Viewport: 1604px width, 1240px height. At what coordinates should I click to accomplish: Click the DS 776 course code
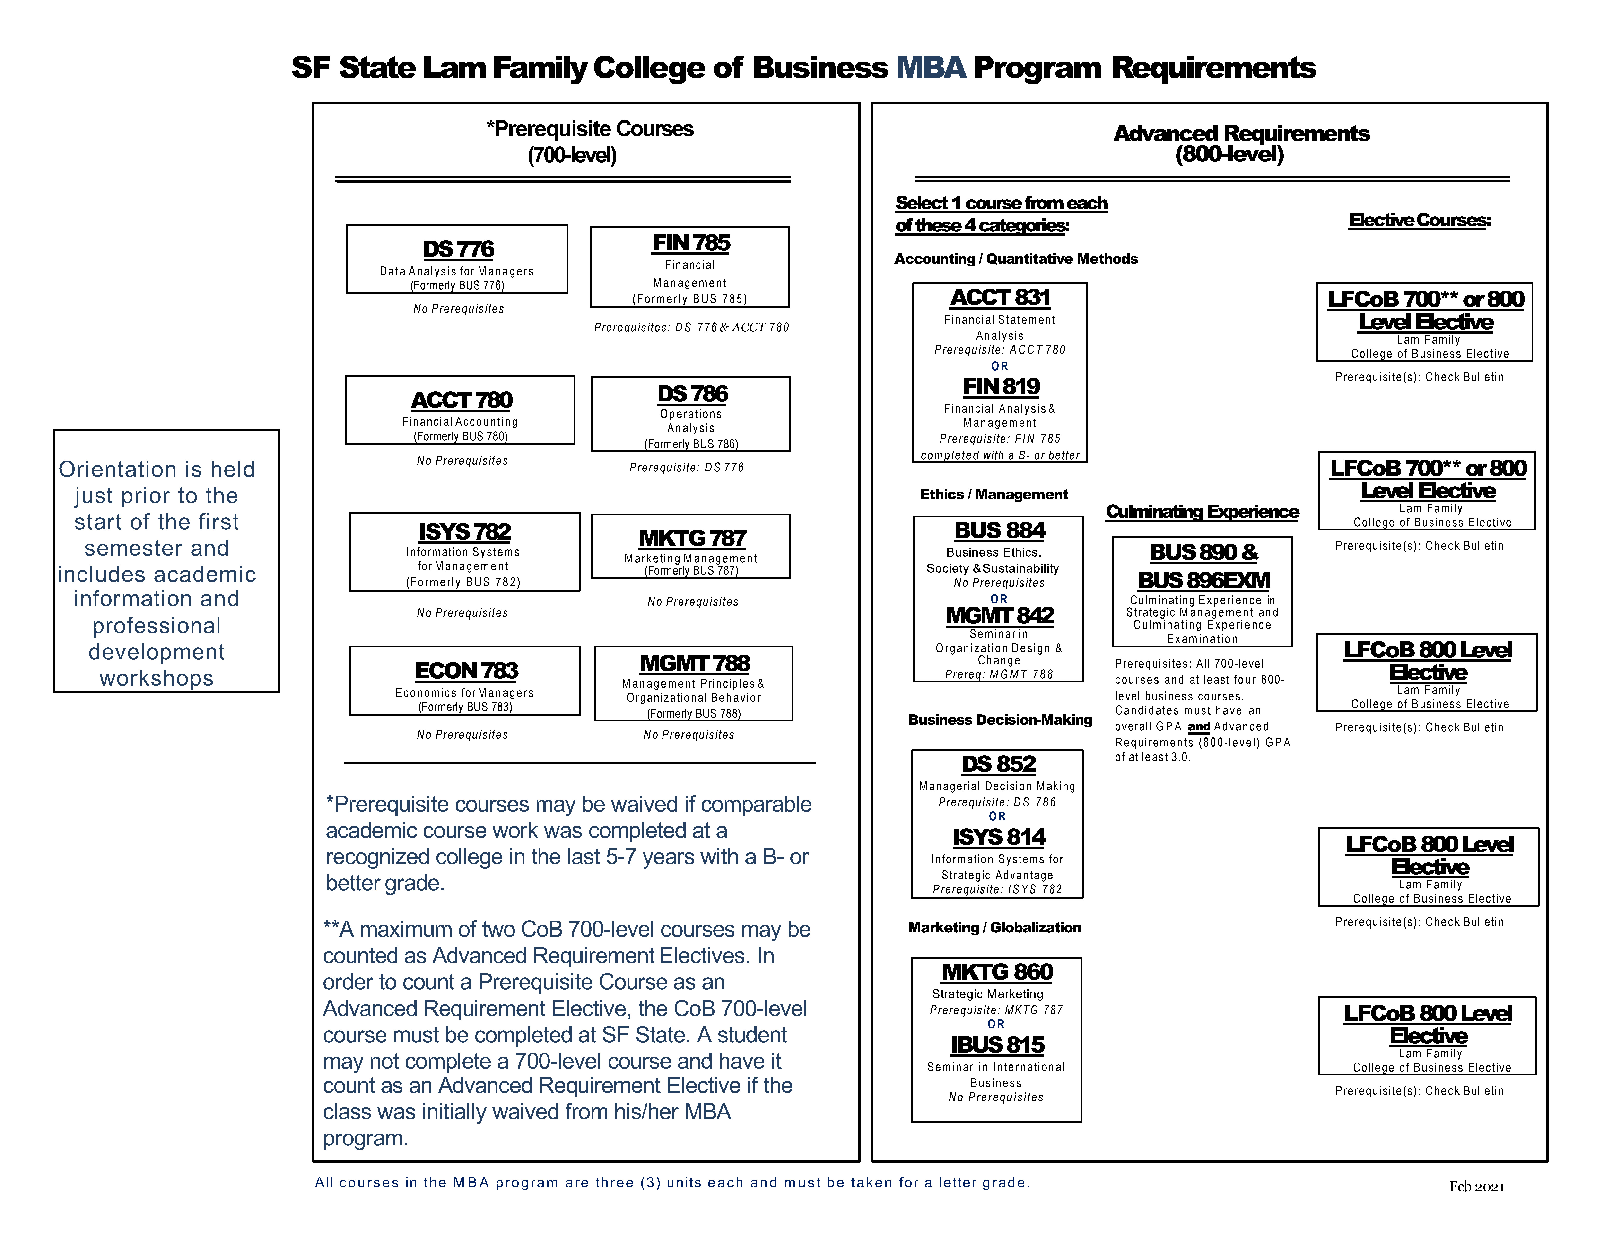pos(458,249)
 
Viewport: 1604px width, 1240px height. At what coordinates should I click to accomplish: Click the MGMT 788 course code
pos(695,663)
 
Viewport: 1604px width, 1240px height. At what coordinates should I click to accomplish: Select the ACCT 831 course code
pos(1000,298)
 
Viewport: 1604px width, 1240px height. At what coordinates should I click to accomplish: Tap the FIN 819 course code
pos(1001,386)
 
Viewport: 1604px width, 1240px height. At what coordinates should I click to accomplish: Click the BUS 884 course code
pos(1000,530)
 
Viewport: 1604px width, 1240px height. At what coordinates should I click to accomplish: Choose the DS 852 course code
pos(998,764)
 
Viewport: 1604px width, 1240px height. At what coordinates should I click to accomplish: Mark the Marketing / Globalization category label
pos(994,927)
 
